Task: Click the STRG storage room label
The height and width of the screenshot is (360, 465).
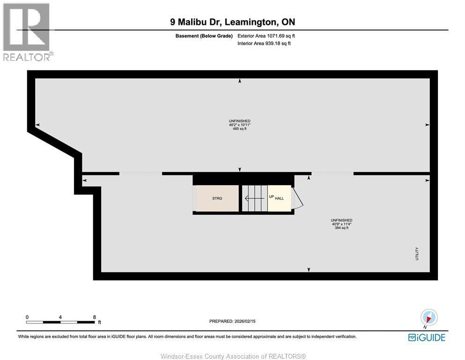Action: tap(217, 198)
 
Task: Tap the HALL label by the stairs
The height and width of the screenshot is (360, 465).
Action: tap(279, 198)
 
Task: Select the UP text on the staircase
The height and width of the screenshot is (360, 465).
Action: tap(271, 197)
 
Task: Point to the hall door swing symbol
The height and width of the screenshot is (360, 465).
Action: tap(297, 199)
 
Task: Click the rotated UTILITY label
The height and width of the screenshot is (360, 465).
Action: tap(416, 254)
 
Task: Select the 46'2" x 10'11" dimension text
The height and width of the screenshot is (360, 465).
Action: tap(239, 125)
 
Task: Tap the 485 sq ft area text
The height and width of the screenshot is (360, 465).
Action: tap(239, 128)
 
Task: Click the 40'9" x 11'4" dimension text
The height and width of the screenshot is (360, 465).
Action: tap(341, 224)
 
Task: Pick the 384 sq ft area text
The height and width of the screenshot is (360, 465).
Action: tap(341, 228)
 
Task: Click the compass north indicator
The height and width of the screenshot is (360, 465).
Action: tap(429, 317)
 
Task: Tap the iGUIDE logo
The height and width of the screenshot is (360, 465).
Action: tap(427, 337)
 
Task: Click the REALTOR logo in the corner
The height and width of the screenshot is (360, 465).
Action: tap(27, 32)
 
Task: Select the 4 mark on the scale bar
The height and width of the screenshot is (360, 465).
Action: tap(60, 317)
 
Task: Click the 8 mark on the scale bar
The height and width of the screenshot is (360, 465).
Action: tap(94, 317)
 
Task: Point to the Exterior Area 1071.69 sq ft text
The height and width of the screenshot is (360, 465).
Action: tap(266, 36)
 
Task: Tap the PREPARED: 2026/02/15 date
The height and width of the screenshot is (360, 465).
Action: tap(232, 321)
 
